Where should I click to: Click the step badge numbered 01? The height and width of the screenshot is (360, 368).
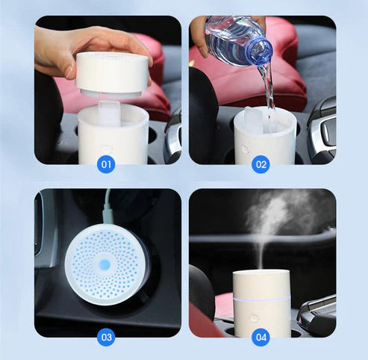coord(106,164)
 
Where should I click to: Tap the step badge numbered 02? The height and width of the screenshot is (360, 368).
coord(261,164)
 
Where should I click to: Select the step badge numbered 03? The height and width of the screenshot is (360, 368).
coord(106,338)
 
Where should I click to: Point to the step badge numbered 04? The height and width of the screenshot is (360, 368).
coord(261,338)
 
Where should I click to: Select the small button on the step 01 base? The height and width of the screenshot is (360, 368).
coord(107,149)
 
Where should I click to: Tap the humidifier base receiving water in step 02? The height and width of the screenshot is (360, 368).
coord(265,138)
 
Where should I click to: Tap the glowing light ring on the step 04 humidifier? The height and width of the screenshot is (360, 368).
coord(261,300)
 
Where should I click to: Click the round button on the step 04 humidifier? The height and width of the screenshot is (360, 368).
coord(255,317)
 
